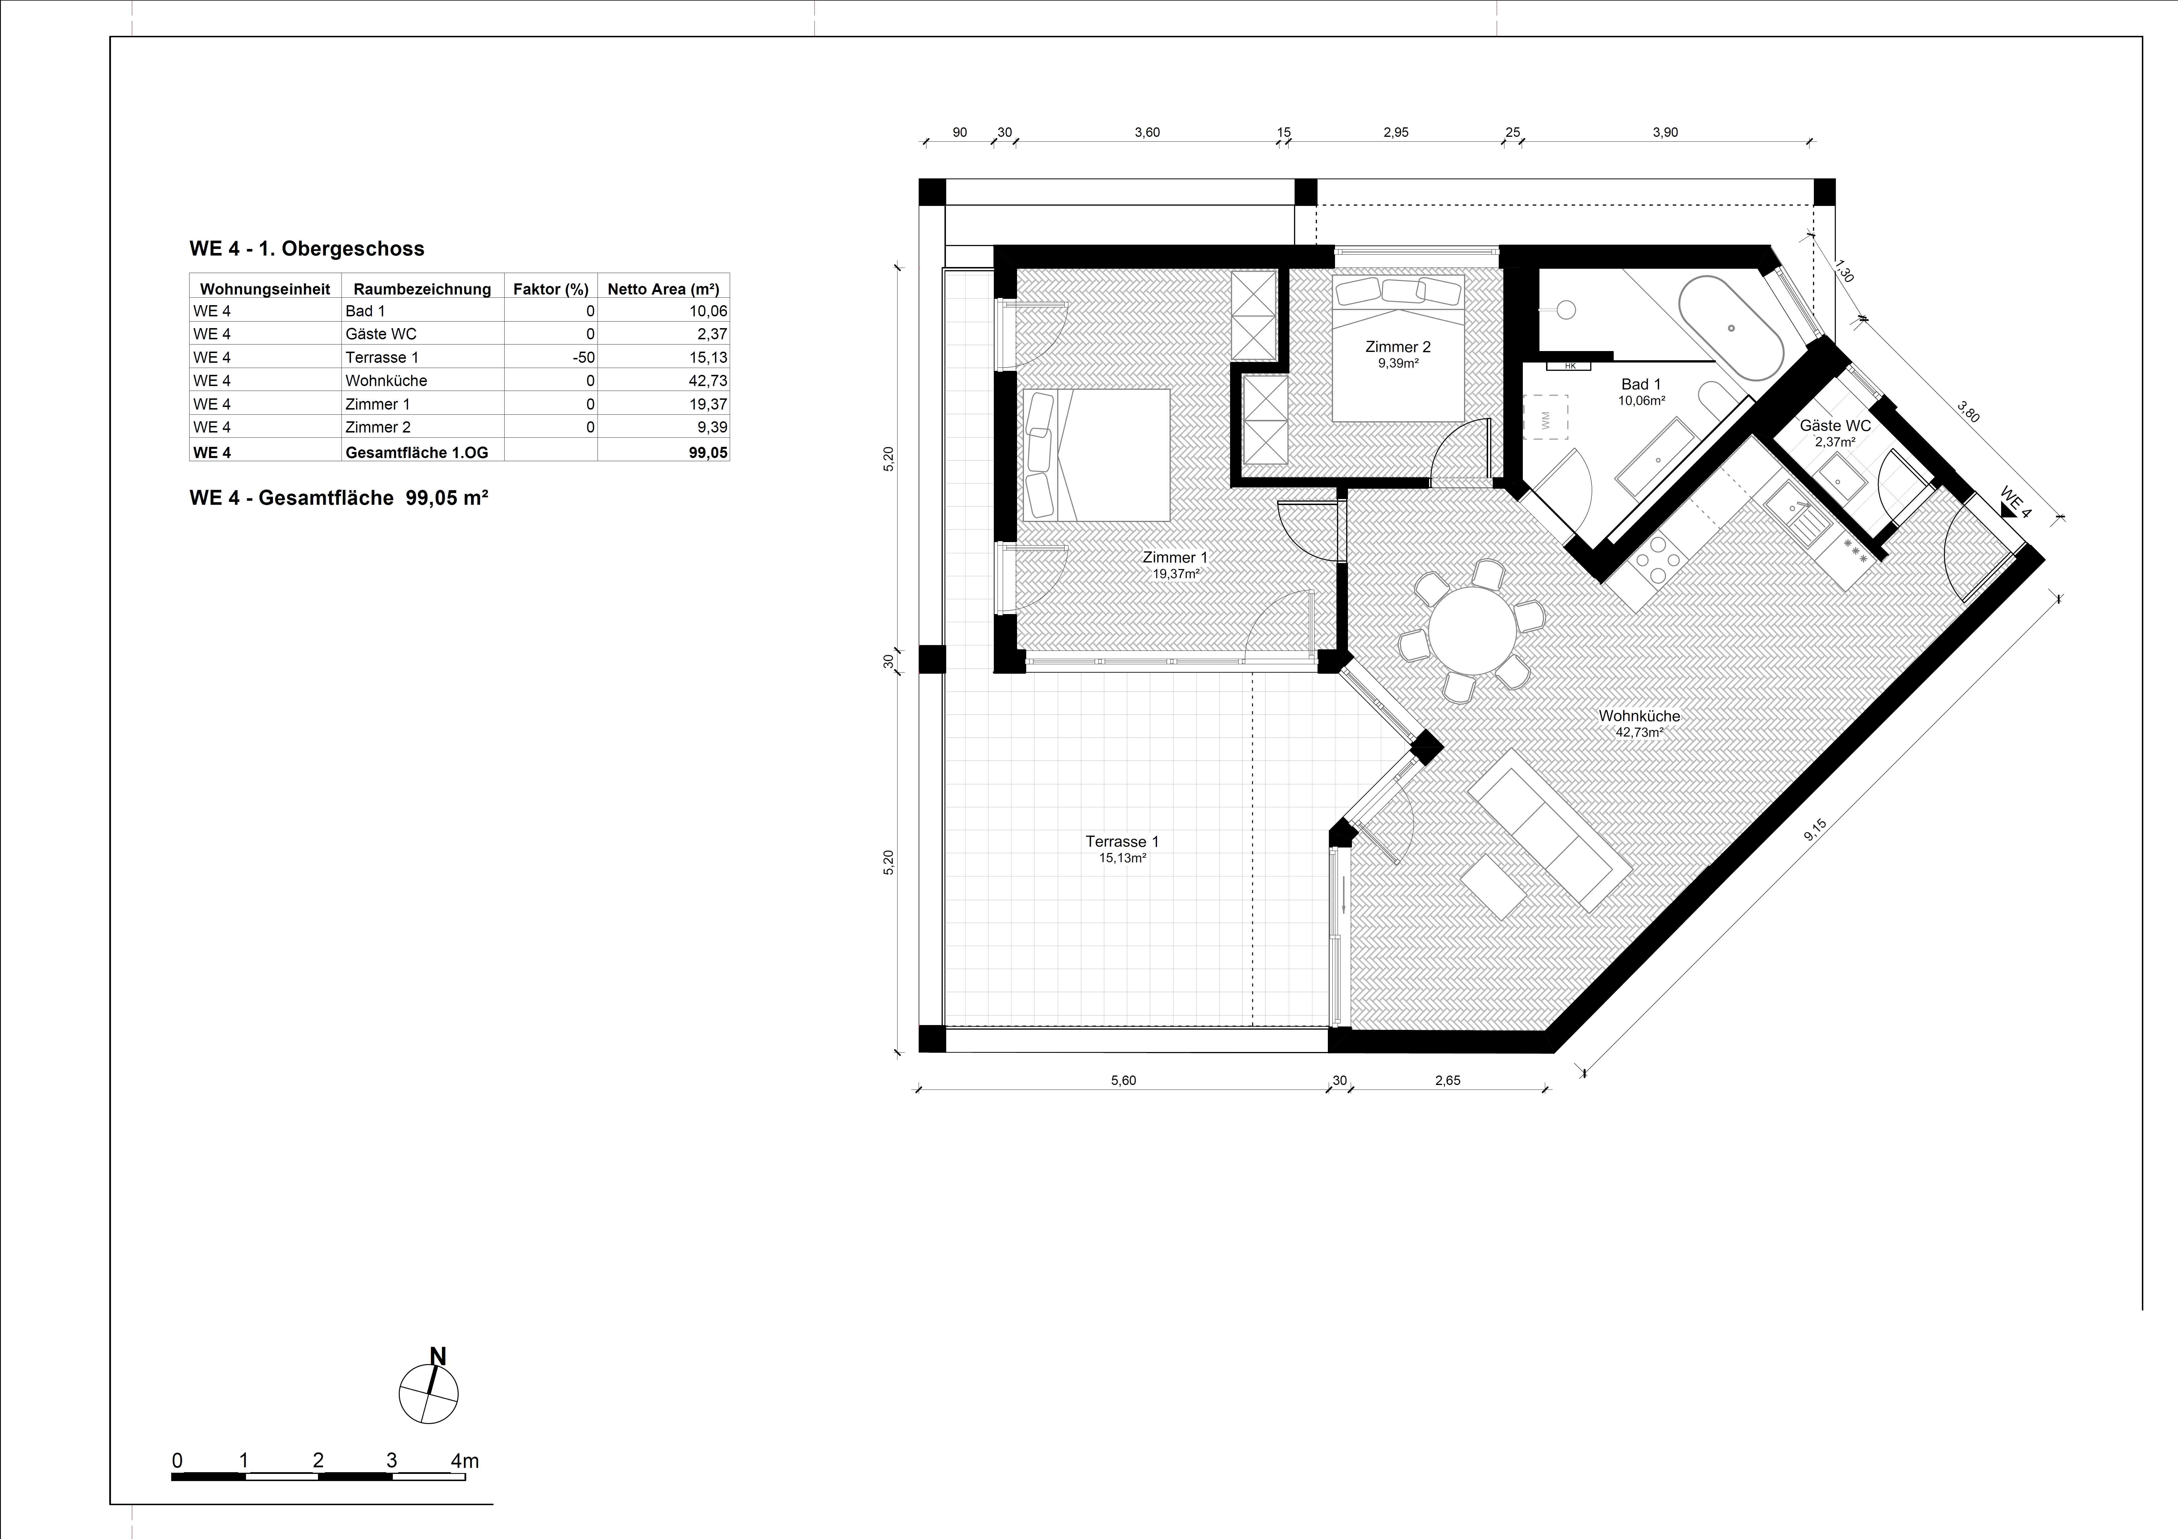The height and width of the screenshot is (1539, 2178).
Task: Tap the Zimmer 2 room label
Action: (1398, 347)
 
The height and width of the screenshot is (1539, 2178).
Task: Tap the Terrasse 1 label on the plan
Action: (1122, 841)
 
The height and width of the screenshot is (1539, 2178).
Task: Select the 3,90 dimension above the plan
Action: (1665, 133)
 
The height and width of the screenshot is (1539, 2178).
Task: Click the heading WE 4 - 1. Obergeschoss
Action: (307, 250)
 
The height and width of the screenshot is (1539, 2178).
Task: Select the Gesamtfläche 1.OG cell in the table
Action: (416, 453)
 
